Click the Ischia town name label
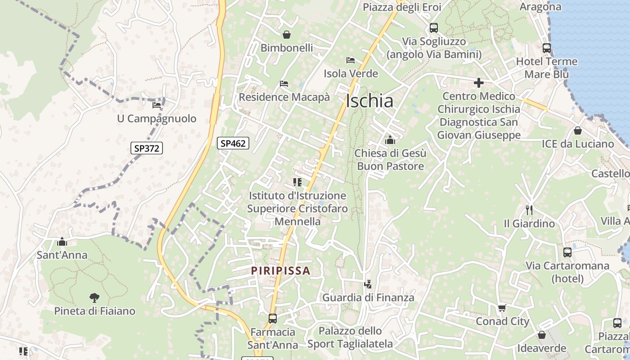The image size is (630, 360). point(369,101)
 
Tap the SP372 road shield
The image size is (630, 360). point(147,148)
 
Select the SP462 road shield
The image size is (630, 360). point(233,143)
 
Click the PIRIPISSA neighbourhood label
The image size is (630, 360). point(281,270)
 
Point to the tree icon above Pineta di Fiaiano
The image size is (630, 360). point(94,297)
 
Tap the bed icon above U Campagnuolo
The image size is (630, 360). point(157,105)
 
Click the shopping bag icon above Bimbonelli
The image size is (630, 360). point(287,35)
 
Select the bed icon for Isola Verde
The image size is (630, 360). point(351,60)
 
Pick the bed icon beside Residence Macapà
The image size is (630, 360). point(284,84)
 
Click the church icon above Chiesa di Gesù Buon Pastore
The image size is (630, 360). point(390,140)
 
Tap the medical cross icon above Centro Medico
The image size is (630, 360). point(479,83)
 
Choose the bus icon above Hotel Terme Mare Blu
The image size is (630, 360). point(547,48)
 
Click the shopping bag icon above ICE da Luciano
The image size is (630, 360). point(578,130)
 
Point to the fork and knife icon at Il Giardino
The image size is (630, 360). point(529,210)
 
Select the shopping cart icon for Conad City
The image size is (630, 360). point(502,308)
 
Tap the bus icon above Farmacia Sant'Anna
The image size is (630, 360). point(273,319)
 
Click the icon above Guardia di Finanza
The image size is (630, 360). point(368,284)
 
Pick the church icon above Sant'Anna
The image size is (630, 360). point(62,242)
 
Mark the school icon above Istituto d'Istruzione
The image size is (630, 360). point(297,182)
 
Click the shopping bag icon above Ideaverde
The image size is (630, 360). point(542,335)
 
